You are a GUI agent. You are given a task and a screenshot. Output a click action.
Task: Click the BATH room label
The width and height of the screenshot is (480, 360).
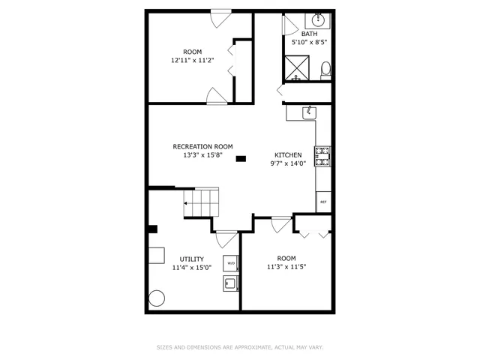coord(309,34)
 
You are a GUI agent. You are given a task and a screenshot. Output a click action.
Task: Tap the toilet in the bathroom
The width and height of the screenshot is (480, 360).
coord(325,70)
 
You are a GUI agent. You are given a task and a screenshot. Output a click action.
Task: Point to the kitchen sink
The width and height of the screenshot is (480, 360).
coord(307,112)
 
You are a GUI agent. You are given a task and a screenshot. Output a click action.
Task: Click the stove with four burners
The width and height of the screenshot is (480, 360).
coord(322,157)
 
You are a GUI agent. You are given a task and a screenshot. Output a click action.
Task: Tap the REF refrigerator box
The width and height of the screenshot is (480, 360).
coord(323,202)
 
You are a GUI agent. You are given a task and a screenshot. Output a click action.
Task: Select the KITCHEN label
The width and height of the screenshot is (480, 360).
coord(288,155)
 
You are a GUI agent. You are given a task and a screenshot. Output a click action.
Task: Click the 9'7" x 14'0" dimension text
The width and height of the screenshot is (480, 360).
coord(288,163)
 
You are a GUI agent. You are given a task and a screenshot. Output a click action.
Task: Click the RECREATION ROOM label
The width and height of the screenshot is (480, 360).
coord(202,147)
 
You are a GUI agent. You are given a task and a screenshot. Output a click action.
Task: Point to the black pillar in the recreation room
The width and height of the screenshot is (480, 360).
coord(241,158)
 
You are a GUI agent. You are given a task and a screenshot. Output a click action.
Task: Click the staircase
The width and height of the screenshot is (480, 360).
coord(201,202)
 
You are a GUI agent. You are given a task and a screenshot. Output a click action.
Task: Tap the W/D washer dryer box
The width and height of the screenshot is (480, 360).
coord(231,263)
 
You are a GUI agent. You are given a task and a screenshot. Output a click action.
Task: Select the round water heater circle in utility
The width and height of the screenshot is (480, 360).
coord(156,298)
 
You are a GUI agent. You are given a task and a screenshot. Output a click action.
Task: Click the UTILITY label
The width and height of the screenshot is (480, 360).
coord(191,259)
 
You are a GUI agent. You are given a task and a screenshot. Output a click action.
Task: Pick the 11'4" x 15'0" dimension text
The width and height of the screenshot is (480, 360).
coord(191,267)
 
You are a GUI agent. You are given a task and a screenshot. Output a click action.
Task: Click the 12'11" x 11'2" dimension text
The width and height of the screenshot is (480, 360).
coord(193,60)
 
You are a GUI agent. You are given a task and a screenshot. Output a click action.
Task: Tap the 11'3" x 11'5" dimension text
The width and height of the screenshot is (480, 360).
coord(286,265)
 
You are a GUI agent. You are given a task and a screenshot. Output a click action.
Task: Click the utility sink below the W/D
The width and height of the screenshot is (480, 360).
coord(231,283)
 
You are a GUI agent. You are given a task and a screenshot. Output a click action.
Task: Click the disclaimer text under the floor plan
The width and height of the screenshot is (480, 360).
coord(239,347)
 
